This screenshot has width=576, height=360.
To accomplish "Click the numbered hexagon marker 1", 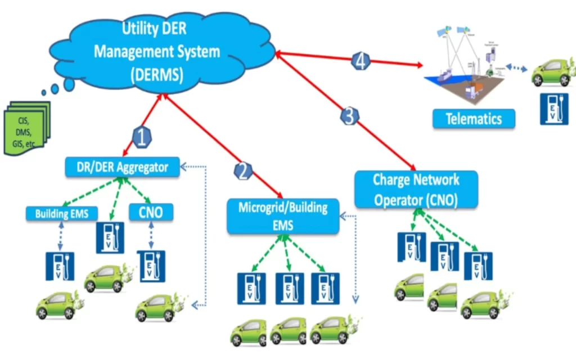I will tap(142, 137).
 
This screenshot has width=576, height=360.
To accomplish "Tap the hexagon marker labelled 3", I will tap(349, 116).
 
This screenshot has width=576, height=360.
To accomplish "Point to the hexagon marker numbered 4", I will tap(361, 61).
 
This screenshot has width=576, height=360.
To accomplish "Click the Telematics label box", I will tap(474, 119).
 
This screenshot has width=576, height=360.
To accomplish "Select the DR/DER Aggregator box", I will tap(122, 166).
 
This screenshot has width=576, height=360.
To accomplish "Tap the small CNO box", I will tap(151, 213).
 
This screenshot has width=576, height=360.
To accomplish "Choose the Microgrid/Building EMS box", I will tap(283, 215).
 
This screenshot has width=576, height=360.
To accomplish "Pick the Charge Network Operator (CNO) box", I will tap(416, 190).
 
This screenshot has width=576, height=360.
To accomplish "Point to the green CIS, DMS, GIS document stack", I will tap(26, 128).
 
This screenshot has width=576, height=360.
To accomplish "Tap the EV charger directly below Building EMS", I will tap(60, 265).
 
